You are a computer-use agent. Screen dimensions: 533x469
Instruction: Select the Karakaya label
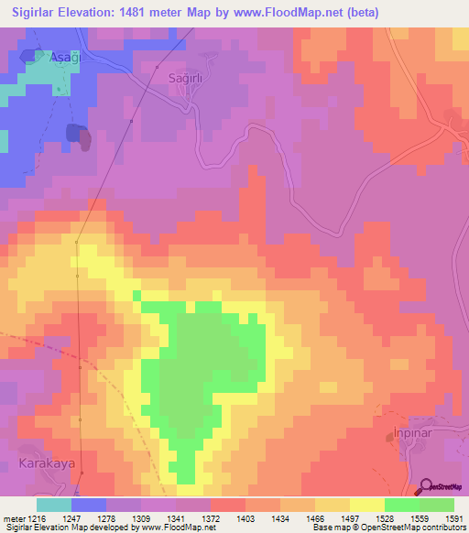point(47,463)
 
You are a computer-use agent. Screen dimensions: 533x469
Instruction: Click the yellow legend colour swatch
point(367,505)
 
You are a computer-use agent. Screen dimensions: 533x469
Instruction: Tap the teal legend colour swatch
point(54,505)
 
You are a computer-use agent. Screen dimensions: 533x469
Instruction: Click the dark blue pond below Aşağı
point(73,133)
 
